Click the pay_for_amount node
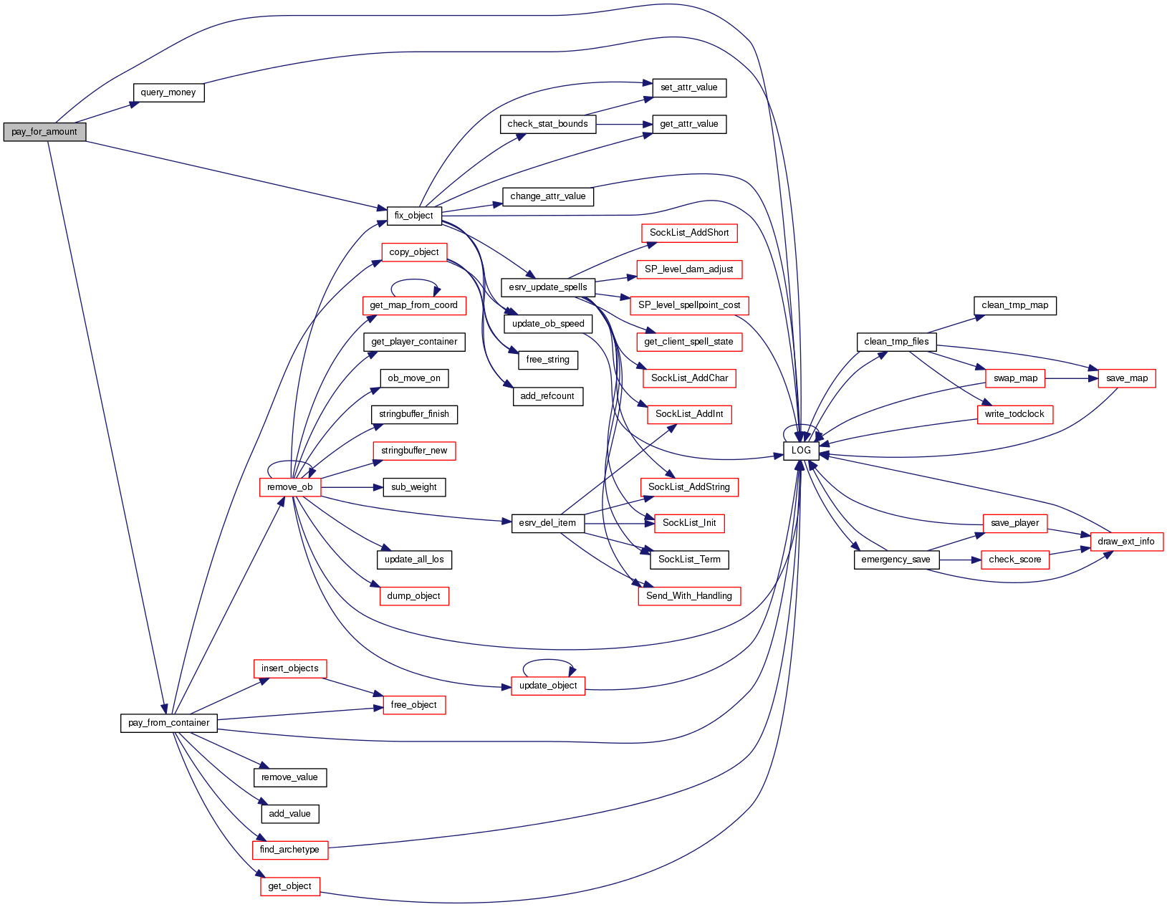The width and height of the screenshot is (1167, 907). [44, 132]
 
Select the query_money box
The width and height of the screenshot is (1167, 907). [168, 92]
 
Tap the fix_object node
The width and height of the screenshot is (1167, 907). [414, 215]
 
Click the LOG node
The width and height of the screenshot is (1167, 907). [801, 451]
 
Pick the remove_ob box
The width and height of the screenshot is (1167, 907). [289, 487]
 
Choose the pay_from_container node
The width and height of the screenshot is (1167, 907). [168, 723]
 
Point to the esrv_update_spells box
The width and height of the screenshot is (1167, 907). [548, 287]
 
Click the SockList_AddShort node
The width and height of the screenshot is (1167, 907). [689, 233]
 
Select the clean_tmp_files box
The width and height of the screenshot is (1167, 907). [896, 342]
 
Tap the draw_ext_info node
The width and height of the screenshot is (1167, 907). [1126, 542]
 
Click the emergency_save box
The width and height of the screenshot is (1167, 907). [895, 560]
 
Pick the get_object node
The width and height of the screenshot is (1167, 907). [289, 886]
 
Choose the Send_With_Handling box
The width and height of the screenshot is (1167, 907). [689, 596]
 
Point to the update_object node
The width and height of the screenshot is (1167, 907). [548, 686]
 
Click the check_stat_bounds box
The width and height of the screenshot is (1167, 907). [547, 124]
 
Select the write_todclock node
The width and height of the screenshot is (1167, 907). [1014, 414]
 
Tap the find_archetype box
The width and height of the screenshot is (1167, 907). [289, 850]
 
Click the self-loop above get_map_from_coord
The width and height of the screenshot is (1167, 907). [414, 280]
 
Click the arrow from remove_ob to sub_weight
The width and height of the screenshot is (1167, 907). [351, 487]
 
